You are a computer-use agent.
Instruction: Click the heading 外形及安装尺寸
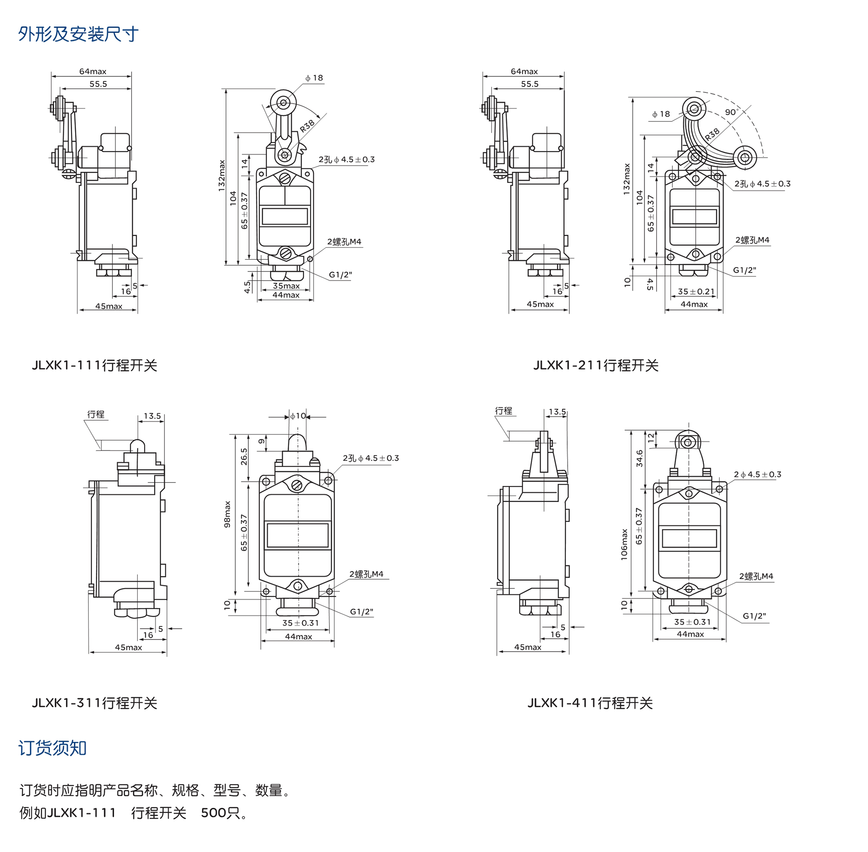79,34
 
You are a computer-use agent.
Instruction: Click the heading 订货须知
53,748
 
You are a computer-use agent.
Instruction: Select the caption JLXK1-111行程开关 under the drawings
95,366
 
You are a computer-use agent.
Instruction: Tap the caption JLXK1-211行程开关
596,366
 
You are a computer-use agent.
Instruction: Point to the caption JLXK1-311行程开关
95,703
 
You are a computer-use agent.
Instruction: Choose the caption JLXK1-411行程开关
590,703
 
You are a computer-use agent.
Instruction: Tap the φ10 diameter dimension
298,416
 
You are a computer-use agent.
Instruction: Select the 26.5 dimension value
244,457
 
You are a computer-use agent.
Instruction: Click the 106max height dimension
625,544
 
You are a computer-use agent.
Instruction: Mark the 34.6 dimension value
640,458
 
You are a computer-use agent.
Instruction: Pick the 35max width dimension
286,286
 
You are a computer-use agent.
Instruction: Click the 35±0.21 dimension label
696,292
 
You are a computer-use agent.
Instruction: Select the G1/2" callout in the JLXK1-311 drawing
362,612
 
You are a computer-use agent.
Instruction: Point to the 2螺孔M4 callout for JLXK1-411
756,576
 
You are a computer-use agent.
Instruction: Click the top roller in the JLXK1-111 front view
283,102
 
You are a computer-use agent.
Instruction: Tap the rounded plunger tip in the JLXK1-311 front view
297,441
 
